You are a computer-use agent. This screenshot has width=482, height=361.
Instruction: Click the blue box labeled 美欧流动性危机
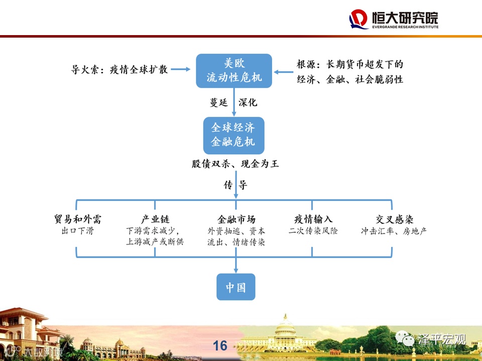[x=233, y=71]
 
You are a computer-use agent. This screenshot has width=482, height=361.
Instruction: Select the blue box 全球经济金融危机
[x=233, y=135]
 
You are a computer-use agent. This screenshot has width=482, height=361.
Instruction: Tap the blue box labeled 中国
[x=235, y=287]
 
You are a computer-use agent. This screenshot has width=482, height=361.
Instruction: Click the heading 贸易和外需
[x=78, y=220]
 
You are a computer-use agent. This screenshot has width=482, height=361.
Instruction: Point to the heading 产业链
[x=155, y=220]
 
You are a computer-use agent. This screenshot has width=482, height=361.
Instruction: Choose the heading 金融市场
[x=236, y=220]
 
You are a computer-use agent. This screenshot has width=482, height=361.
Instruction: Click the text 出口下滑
[x=77, y=231]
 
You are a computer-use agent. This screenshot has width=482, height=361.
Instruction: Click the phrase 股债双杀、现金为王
[x=235, y=164]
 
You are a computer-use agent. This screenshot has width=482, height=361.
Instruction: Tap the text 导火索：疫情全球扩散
[x=119, y=70]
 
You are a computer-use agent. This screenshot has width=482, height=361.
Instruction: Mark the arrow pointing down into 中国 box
[x=235, y=265]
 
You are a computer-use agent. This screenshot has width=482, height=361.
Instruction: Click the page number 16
[x=220, y=345]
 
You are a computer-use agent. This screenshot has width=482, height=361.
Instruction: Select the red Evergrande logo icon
[x=359, y=19]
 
